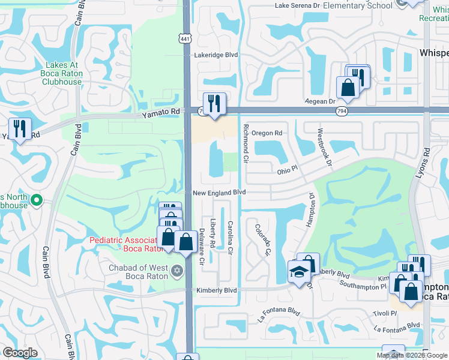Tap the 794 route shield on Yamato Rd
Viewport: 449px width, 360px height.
[x=341, y=111]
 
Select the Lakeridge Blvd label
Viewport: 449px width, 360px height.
[x=216, y=55]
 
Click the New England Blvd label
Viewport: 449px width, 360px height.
[x=220, y=193]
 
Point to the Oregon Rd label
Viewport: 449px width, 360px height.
[x=267, y=133]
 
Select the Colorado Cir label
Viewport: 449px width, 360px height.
[x=262, y=238]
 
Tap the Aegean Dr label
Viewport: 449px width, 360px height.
[x=321, y=101]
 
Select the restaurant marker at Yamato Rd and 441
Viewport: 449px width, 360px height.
[x=213, y=103]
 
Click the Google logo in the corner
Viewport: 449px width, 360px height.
[x=20, y=353]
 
